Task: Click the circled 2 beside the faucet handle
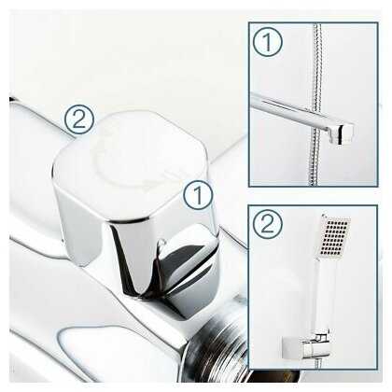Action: tap(78, 119)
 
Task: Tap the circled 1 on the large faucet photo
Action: tap(198, 194)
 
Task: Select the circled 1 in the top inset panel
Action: tap(268, 41)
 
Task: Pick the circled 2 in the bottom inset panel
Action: tap(267, 224)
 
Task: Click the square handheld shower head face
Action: tap(333, 237)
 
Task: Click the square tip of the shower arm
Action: tap(345, 133)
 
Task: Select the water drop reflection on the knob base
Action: tap(161, 244)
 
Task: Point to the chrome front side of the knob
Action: tap(133, 249)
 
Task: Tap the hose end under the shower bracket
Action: tap(317, 364)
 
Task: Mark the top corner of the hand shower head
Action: tap(324, 216)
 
